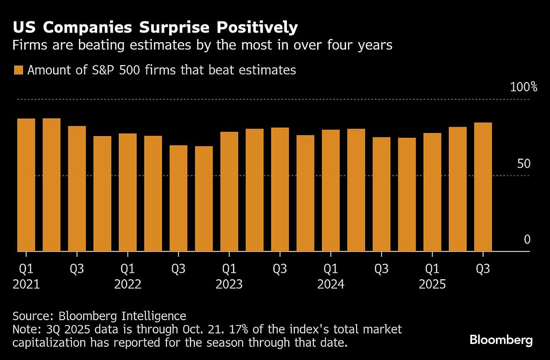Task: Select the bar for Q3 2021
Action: pyautogui.click(x=77, y=188)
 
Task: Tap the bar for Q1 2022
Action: pyautogui.click(x=127, y=192)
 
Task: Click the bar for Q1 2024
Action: pyautogui.click(x=330, y=190)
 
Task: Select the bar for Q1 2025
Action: pyautogui.click(x=432, y=192)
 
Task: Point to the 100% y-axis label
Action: pyautogui.click(x=520, y=87)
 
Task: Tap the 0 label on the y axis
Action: pyautogui.click(x=527, y=239)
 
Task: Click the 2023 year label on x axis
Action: pyautogui.click(x=229, y=284)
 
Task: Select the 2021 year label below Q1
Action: pyautogui.click(x=26, y=284)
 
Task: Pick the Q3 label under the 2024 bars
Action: pyautogui.click(x=381, y=269)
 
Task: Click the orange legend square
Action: pyautogui.click(x=18, y=70)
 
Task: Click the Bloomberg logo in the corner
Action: pyautogui.click(x=501, y=340)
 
